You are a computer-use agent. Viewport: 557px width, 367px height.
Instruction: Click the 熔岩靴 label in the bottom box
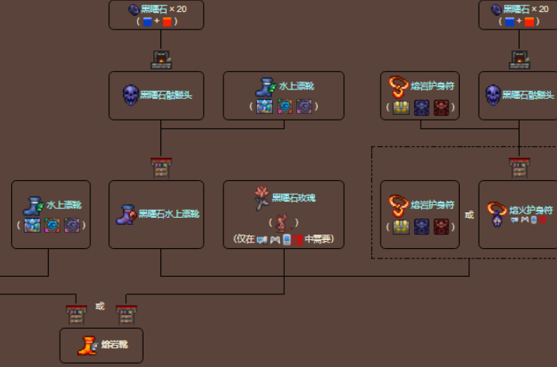(x=113, y=345)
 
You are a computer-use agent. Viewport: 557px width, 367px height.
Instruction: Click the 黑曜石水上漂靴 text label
(x=168, y=214)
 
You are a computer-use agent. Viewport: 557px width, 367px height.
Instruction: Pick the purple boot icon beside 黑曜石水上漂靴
(x=127, y=214)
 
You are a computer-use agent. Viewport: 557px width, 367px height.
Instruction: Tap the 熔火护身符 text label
(x=531, y=209)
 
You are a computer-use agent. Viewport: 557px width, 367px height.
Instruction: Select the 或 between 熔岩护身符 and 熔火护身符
(x=469, y=215)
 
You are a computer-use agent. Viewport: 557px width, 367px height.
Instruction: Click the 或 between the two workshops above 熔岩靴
(x=100, y=306)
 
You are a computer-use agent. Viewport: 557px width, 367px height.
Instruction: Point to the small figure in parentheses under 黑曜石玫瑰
(x=283, y=223)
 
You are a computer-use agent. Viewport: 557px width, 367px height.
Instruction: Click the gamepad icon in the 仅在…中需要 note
(x=275, y=239)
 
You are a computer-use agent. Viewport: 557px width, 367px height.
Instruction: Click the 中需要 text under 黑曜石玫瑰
(x=318, y=239)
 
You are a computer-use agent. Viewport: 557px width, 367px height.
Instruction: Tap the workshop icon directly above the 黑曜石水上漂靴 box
(x=160, y=168)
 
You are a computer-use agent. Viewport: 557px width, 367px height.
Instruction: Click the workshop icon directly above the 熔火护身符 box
(x=519, y=168)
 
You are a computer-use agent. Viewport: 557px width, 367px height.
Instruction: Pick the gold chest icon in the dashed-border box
(x=401, y=227)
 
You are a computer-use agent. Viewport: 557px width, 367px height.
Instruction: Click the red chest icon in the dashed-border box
(x=444, y=227)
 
